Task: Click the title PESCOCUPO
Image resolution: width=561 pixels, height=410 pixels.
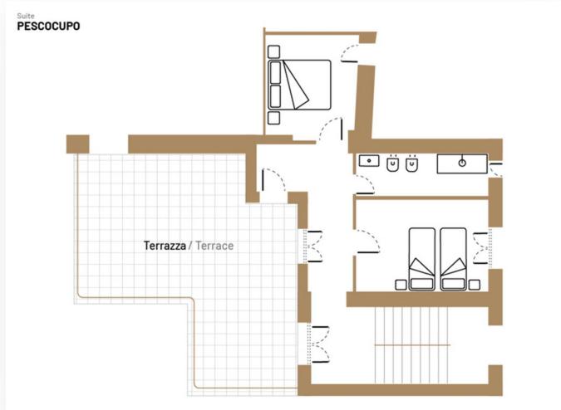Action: (48, 26)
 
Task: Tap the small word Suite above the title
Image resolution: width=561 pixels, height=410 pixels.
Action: (26, 16)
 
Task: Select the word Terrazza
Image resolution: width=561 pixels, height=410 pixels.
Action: (165, 246)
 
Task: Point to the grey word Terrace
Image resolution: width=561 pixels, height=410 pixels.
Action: (214, 246)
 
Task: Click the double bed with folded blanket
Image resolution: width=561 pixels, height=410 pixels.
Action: (299, 85)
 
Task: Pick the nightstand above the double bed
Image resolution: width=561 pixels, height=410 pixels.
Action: (273, 51)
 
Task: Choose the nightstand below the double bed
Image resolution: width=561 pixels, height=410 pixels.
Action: (273, 118)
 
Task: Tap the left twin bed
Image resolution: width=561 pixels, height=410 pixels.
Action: (422, 259)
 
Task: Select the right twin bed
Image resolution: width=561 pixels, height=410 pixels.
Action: (453, 259)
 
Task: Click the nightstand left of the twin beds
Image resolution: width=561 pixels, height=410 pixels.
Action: (401, 285)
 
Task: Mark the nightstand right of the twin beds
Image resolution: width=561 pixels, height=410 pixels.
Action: (474, 285)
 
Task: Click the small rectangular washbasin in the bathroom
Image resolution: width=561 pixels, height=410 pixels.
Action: (369, 161)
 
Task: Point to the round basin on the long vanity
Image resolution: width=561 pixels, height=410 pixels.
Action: (462, 164)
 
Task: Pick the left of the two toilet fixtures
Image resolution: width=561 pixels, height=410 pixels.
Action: (393, 164)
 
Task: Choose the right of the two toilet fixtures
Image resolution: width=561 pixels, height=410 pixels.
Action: (412, 164)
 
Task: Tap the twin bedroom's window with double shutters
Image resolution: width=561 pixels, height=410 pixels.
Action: (482, 248)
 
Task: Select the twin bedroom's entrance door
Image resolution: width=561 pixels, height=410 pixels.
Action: (367, 242)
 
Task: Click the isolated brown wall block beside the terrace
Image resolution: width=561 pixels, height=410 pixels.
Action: (77, 144)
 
